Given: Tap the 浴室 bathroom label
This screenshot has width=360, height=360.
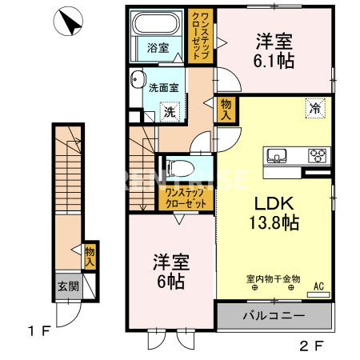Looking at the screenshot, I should click(x=158, y=48).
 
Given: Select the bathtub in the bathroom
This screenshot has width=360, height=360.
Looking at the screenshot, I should click(x=158, y=23).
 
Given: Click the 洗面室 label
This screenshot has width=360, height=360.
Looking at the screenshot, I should click(x=164, y=88).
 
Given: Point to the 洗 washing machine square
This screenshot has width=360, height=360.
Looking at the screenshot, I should click(x=170, y=112).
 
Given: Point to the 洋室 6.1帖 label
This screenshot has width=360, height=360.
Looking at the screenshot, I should click(x=272, y=50).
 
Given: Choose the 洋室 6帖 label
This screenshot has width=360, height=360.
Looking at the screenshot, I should click(x=170, y=270).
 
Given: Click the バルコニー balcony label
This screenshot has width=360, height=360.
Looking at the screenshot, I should click(x=274, y=317).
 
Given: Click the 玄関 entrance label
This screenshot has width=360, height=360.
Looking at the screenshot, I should click(x=66, y=284).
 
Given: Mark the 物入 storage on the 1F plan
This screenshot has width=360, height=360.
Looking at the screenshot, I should click(x=90, y=255).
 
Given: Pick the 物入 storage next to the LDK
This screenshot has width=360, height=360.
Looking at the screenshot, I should click(x=226, y=110).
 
